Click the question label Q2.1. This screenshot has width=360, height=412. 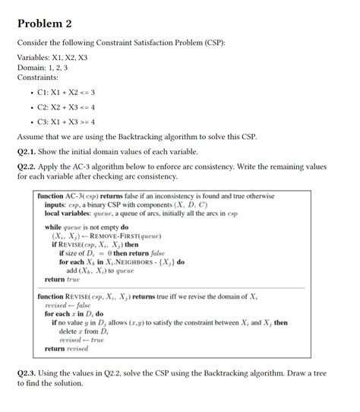(30, 151)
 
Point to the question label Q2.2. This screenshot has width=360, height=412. (30, 165)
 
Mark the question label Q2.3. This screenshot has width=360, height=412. (30, 373)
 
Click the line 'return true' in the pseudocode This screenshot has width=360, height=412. (62, 280)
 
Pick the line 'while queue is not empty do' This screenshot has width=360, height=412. (87, 227)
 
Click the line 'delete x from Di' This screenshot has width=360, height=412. (84, 331)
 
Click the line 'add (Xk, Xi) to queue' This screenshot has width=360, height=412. (100, 271)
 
